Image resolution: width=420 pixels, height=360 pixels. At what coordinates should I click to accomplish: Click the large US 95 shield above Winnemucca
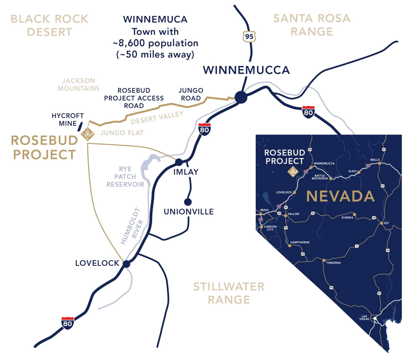[249, 36]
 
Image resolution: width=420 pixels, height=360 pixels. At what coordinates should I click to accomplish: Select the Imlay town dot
[179, 162]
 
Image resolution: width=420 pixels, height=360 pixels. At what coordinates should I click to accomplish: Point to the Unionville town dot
[188, 202]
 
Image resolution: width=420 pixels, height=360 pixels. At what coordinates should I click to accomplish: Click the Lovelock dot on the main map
[126, 264]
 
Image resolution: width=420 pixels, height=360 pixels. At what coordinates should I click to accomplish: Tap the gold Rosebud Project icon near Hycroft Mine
[87, 134]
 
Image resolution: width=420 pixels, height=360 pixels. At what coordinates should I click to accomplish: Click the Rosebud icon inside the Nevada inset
[293, 171]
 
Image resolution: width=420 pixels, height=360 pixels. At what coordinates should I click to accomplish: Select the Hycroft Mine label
[68, 119]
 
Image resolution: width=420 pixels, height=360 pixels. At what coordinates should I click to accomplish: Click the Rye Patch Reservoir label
[125, 176]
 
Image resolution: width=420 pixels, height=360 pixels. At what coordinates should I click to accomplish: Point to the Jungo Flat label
[122, 133]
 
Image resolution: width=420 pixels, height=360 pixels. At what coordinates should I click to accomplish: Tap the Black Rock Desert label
[50, 25]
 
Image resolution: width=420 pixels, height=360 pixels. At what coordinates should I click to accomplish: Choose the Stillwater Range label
[229, 293]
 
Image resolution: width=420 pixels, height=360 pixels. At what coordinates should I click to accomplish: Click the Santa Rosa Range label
[312, 25]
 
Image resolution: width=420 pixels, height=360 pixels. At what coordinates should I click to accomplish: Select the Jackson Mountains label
[79, 84]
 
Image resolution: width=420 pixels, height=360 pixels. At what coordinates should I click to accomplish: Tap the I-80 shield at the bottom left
[67, 323]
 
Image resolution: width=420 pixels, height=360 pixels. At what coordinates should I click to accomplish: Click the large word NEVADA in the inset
[340, 196]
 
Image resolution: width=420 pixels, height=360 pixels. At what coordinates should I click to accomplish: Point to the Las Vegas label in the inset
[364, 318]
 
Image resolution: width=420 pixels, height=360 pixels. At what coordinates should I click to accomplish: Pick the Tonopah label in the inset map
[333, 263]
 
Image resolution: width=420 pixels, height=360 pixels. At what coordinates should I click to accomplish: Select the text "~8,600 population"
[155, 43]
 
